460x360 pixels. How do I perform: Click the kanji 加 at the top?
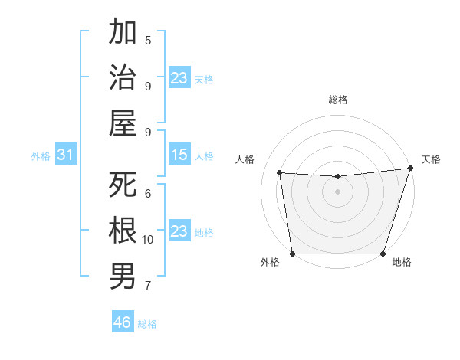[123, 32]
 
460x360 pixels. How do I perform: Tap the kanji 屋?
[123, 123]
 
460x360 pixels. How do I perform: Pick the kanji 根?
[123, 230]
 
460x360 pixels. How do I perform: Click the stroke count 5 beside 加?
[148, 40]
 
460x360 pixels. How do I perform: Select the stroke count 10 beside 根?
[148, 239]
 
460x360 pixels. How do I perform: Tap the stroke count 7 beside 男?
[148, 286]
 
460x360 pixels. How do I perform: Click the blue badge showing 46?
[122, 322]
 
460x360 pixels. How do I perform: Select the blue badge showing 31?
[66, 155]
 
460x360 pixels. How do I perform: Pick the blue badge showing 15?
[179, 155]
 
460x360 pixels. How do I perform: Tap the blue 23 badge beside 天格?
[179, 78]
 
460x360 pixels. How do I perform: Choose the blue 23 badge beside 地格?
[179, 231]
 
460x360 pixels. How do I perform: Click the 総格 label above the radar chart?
[337, 100]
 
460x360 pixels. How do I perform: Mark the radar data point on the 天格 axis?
[410, 169]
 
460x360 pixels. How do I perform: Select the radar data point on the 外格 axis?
[293, 254]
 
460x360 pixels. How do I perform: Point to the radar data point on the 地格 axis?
[383, 254]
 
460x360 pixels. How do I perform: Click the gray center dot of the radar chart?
[337, 191]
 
